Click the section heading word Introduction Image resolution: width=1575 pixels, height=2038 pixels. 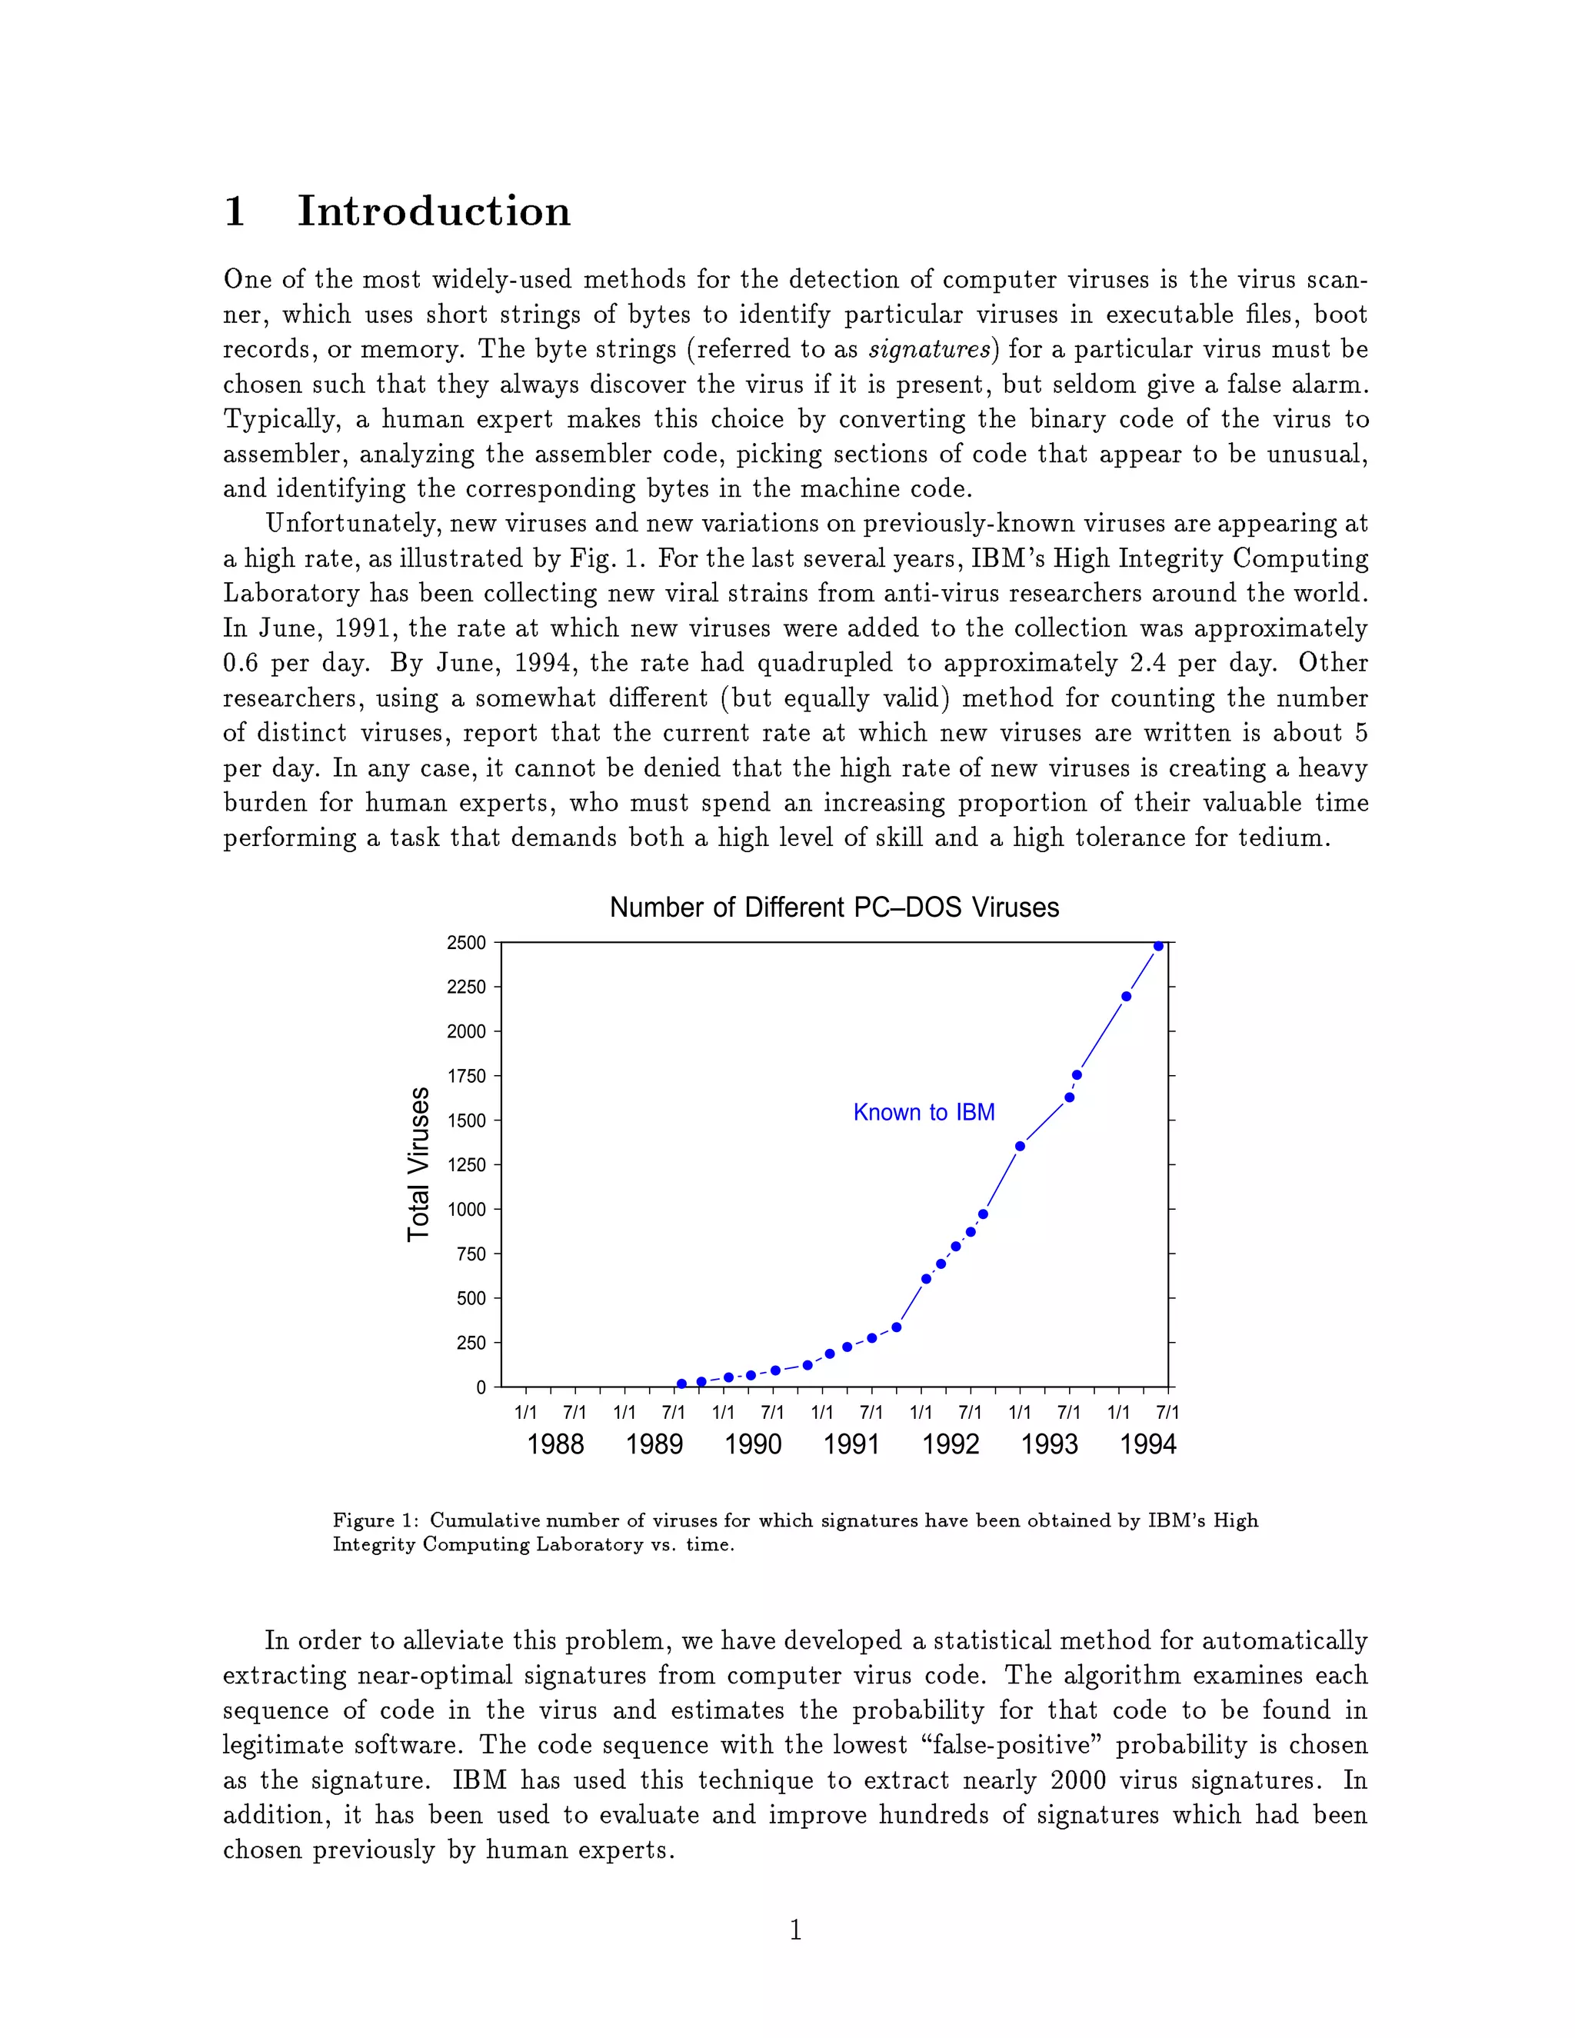[x=434, y=211]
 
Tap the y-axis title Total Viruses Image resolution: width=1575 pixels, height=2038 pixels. [x=419, y=1164]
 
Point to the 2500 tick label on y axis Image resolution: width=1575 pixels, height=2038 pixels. [x=467, y=943]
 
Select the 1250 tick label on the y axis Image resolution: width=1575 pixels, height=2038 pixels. [x=467, y=1164]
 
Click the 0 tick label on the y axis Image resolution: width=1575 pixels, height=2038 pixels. [x=481, y=1387]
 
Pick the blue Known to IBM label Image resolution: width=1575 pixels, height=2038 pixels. [x=924, y=1112]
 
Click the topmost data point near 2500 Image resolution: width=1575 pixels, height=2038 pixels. [x=1159, y=946]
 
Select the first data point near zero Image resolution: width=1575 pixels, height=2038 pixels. [x=681, y=1384]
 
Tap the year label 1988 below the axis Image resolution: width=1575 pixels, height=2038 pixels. [x=555, y=1444]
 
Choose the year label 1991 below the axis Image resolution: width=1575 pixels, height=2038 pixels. [x=851, y=1444]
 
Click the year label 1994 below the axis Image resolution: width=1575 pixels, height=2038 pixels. [x=1147, y=1444]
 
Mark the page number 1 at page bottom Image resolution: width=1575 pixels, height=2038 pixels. [x=795, y=1930]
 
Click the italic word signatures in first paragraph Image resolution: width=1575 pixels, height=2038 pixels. [x=928, y=350]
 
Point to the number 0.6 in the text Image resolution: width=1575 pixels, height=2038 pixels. [x=240, y=664]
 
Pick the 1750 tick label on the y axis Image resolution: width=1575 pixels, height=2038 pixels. [x=467, y=1076]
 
